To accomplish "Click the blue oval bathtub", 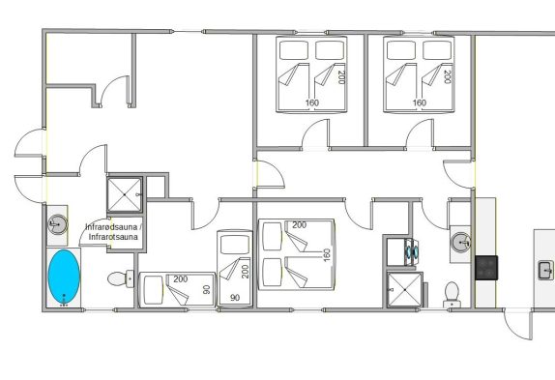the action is (64, 277).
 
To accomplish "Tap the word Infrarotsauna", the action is (113, 237).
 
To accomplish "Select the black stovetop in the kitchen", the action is (486, 268).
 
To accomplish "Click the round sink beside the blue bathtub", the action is (57, 224).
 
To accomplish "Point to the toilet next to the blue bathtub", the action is (120, 278).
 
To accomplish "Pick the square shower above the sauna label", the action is (125, 194).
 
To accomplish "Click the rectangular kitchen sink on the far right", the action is (545, 270).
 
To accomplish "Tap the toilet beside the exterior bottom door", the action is (452, 294).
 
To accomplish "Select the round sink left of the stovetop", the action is (460, 243).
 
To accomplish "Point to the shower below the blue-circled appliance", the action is (405, 289).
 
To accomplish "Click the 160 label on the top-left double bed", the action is (312, 102).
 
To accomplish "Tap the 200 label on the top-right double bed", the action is (447, 76).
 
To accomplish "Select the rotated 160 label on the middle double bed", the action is (327, 255).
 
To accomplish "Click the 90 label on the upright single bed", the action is (235, 298).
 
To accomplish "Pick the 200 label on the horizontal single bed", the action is (180, 279).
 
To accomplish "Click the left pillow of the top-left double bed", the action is (294, 50).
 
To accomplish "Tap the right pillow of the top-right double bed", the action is (437, 50).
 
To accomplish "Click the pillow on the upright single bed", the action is (235, 245).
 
